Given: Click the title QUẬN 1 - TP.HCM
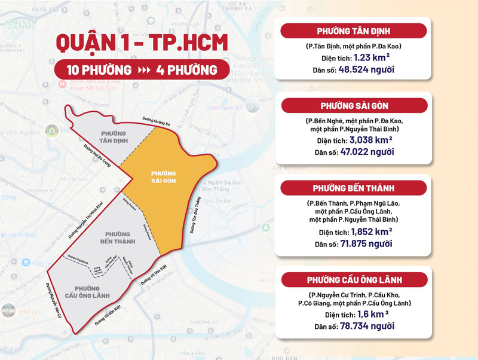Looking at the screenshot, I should click(133, 44).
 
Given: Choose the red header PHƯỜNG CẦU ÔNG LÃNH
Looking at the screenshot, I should click(354, 280).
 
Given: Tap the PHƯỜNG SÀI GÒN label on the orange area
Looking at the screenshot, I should click(162, 176).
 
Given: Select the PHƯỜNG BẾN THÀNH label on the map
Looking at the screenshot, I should click(120, 237).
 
